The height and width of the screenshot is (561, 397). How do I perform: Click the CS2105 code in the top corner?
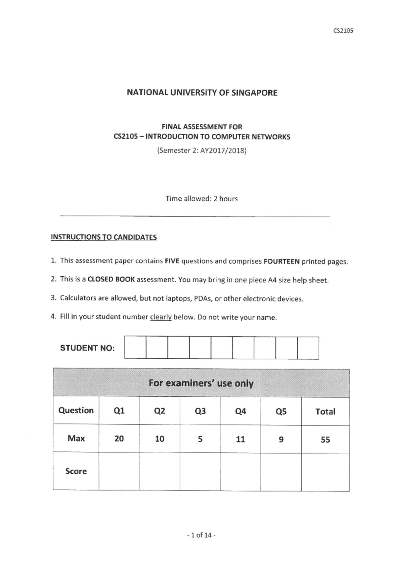[x=343, y=31]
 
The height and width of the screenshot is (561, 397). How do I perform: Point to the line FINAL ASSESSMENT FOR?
[x=201, y=127]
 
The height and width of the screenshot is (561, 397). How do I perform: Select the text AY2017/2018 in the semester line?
[x=222, y=151]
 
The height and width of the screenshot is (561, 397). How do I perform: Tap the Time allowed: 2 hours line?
[x=201, y=199]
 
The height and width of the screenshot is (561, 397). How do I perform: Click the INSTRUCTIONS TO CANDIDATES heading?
[x=104, y=237]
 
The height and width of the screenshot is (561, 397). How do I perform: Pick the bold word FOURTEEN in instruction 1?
[x=282, y=261]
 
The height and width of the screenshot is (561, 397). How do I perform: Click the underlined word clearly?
[x=161, y=317]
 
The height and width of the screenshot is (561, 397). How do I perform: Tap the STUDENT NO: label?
[x=87, y=348]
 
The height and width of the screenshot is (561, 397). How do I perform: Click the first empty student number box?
[x=135, y=347]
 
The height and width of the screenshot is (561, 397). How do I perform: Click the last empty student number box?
[x=308, y=348]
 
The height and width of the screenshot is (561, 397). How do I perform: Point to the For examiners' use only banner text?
[x=201, y=383]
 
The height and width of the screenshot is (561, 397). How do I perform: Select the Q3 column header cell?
[x=200, y=411]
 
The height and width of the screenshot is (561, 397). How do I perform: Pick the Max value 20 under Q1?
[x=119, y=439]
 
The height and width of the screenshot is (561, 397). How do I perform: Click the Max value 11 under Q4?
[x=240, y=439]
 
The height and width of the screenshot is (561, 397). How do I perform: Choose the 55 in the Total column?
[x=325, y=439]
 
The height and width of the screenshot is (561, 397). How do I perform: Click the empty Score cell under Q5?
[x=281, y=471]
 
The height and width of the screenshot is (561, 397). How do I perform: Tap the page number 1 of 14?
[x=201, y=535]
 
